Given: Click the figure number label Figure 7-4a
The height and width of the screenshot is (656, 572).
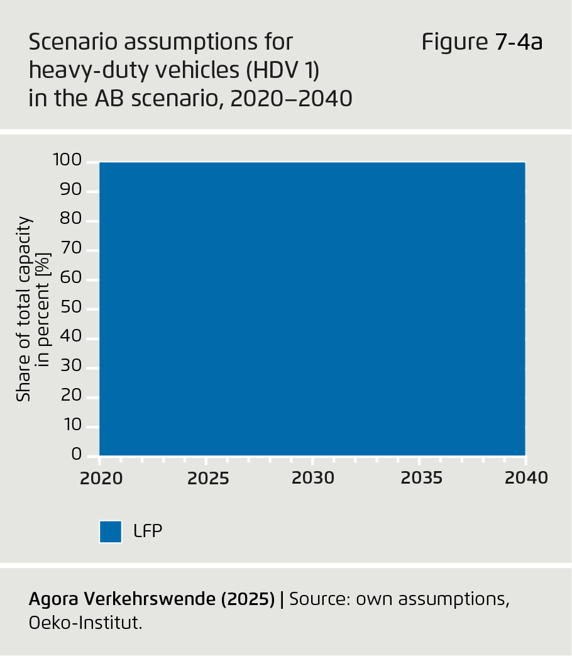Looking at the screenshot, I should click(481, 43).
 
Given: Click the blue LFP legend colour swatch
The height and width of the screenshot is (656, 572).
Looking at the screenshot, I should click(110, 531).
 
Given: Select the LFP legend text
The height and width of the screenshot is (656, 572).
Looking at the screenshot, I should click(148, 531).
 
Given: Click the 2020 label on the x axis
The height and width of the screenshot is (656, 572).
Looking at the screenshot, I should click(101, 479).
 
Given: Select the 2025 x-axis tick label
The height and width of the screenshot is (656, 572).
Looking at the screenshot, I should click(209, 479).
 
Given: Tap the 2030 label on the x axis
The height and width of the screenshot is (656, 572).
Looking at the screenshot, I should click(313, 479).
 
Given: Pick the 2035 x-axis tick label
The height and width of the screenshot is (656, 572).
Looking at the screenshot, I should click(422, 479).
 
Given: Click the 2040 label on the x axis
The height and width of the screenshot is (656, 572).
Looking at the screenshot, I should click(527, 479).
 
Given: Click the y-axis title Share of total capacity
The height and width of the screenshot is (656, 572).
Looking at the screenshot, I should click(24, 308).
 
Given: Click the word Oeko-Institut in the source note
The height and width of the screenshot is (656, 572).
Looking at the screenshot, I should click(85, 623).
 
